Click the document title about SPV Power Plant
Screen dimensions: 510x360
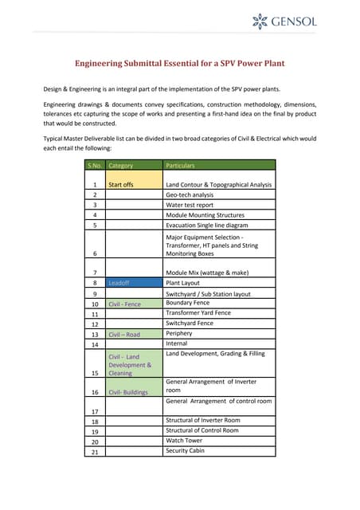179,63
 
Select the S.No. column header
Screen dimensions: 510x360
94,165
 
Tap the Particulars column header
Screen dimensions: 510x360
218,165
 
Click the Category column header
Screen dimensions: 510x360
134,165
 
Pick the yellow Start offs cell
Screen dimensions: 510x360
134,184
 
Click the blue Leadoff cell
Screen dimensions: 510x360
134,283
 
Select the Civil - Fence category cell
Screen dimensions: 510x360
134,304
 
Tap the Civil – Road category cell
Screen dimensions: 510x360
134,335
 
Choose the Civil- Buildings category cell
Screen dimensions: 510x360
134,392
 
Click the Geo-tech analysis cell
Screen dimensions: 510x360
218,194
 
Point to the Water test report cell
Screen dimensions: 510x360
218,205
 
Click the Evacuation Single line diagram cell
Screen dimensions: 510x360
218,225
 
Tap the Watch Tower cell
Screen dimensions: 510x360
218,441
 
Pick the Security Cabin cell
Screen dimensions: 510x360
218,451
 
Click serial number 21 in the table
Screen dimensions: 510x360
94,452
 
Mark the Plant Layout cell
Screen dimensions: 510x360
218,283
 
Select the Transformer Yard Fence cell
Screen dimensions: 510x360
218,313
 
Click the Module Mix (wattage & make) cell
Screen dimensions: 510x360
218,273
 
